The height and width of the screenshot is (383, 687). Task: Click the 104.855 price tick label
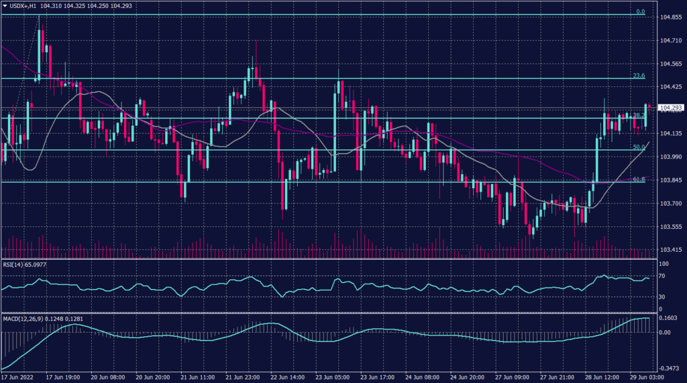click(671, 17)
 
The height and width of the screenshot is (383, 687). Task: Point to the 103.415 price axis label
click(671, 250)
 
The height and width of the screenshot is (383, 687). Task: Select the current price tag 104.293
click(671, 107)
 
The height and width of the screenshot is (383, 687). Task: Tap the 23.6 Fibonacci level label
click(639, 76)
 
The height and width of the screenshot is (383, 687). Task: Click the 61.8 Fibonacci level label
click(639, 179)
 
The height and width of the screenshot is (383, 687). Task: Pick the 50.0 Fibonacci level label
click(639, 147)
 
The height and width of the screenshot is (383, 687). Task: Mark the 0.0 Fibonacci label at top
click(640, 11)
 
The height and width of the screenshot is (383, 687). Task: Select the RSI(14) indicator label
click(15, 264)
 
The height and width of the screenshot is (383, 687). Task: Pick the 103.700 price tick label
click(671, 204)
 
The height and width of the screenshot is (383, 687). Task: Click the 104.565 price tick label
click(671, 64)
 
